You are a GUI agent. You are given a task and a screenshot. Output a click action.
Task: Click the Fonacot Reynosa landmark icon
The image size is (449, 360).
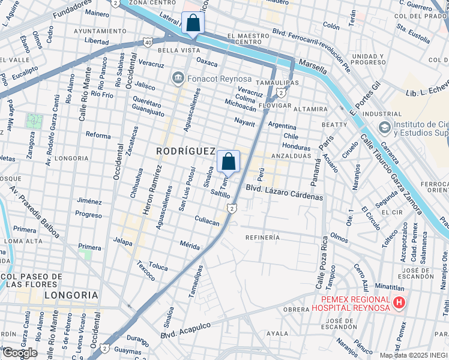coord(178,77)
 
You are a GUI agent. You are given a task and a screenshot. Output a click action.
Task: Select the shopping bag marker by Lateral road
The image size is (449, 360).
coord(193,23)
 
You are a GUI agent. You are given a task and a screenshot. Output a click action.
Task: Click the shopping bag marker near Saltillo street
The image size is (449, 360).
coord(228,161)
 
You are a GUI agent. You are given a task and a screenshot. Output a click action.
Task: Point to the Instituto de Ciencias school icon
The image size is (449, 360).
coord(385,127)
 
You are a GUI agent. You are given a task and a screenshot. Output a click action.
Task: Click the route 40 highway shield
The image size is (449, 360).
coord(148,42)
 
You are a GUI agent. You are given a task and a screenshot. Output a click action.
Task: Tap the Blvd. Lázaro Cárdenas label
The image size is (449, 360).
coord(285,193)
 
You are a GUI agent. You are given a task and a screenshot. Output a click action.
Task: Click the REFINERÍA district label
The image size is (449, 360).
coord(262,238)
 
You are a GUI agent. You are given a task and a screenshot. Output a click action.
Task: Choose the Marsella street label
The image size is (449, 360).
coord(313,64)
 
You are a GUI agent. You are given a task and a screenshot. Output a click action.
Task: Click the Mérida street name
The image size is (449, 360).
coord(190,244)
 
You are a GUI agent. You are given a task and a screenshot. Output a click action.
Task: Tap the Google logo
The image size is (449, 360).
coord(19,352)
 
